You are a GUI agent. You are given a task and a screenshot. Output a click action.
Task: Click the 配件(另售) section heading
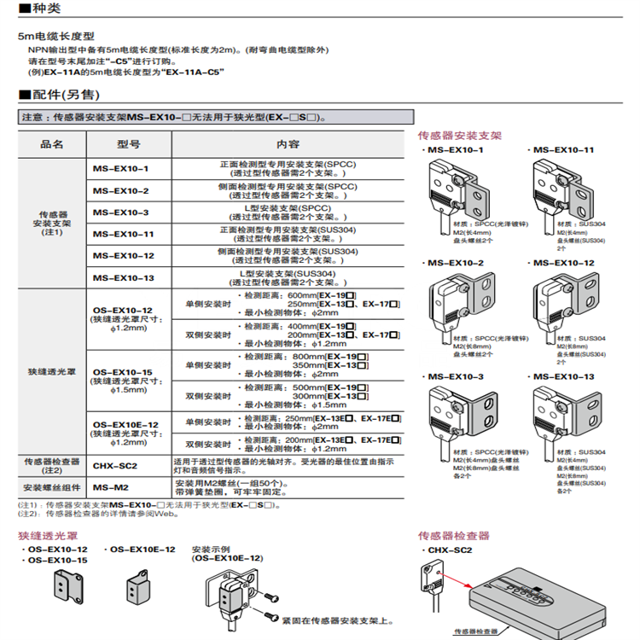coord(58,94)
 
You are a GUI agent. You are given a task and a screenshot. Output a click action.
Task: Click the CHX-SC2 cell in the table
coord(114,466)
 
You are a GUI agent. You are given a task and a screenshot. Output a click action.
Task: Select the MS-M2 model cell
coord(110,487)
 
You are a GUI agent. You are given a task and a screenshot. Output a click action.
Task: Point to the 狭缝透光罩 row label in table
coord(51,373)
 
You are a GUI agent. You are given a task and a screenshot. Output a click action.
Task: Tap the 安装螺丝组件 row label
coord(51,487)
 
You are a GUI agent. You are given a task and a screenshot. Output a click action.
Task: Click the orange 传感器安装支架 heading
coord(459,135)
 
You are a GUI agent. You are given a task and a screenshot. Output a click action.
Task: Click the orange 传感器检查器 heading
coord(453,536)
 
